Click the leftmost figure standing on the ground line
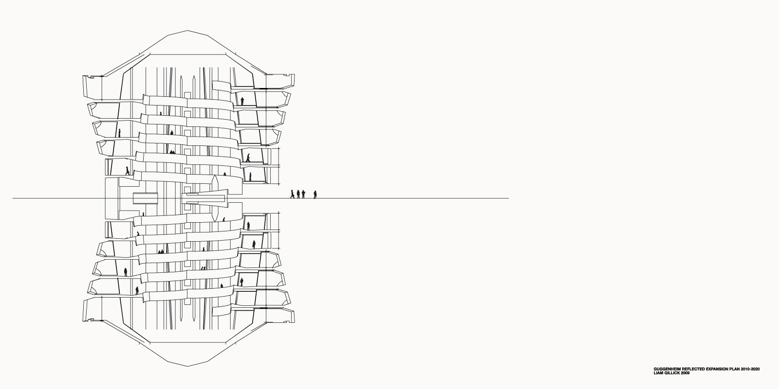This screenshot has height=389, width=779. [292, 194]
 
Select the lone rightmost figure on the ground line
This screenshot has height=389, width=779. [315, 194]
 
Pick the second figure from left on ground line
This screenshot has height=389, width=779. [298, 194]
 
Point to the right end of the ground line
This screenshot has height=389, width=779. [509, 198]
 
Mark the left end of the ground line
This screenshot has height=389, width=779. [13, 198]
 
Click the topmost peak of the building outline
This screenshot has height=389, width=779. [187, 31]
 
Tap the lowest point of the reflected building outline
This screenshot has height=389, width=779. [187, 366]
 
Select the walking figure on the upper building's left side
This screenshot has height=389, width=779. [127, 171]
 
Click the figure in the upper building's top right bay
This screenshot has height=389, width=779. [242, 101]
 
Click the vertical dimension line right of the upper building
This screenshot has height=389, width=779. [279, 166]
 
